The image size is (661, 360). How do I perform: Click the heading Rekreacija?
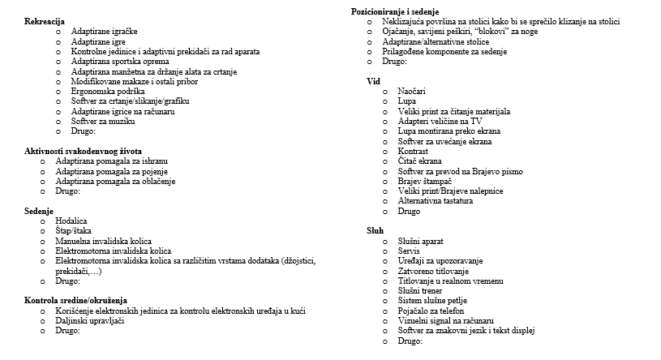[45, 20]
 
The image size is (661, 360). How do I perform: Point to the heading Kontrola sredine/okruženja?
[76, 300]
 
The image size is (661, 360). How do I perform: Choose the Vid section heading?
[373, 81]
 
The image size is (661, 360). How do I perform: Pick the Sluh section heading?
[375, 230]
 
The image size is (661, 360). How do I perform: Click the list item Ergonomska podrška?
[101, 91]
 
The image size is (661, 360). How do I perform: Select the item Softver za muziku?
[97, 121]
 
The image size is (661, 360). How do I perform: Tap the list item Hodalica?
[71, 221]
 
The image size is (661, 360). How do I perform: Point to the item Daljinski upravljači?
[89, 320]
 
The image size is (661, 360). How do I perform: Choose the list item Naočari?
[411, 91]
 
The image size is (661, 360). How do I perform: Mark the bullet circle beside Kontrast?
[384, 151]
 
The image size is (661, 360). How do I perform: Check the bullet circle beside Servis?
[384, 251]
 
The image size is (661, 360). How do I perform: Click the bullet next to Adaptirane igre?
[58, 41]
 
